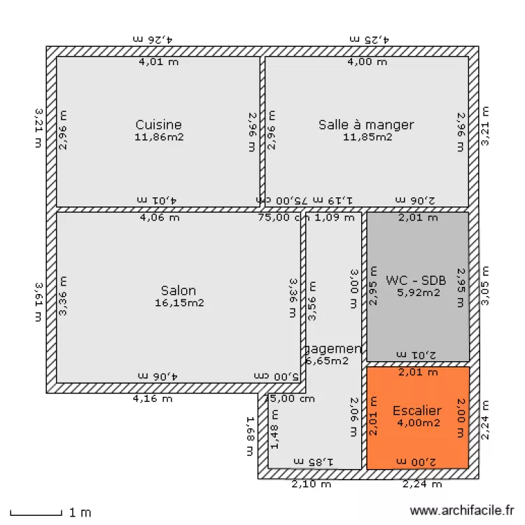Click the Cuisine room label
point(159,125)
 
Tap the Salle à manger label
point(366,125)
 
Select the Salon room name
point(178,290)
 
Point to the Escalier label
point(417,411)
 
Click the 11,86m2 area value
point(159,137)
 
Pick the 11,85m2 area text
point(367,137)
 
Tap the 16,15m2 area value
point(179,303)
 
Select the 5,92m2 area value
point(418,293)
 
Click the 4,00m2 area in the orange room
point(418,423)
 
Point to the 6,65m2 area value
point(328,361)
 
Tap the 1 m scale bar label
point(80,512)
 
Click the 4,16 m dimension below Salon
point(153,400)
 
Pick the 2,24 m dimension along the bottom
point(422,484)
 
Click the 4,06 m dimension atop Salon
point(160,218)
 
